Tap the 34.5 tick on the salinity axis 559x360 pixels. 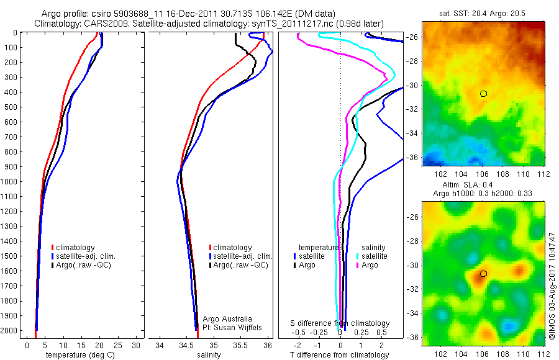point(187,344)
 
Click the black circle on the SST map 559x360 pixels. point(483,94)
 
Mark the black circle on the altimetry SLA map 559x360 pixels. point(483,274)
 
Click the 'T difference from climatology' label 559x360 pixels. point(340,355)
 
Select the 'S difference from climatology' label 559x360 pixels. point(340,323)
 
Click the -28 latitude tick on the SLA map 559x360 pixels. point(414,241)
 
